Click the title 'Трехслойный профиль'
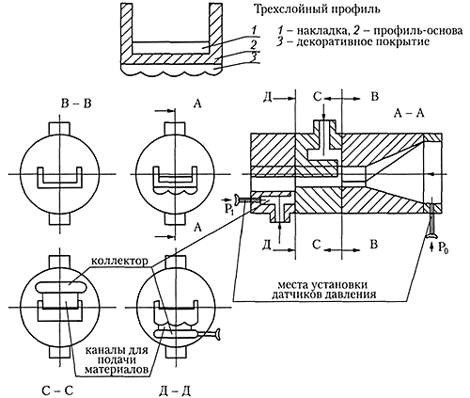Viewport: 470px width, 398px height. pos(317,9)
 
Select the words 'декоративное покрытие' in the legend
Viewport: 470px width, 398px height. pos(362,42)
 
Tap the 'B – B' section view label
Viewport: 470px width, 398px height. pos(76,103)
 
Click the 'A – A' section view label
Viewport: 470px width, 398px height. pos(409,114)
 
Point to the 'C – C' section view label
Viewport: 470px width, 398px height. pos(57,390)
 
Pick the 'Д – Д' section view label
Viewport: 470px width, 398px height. pos(175,390)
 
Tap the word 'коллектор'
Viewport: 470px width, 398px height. pos(119,262)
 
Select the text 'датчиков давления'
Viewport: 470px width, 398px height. pos(323,295)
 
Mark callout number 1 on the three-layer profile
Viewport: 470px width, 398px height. pos(256,30)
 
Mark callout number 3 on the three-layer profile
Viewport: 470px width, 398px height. pos(256,57)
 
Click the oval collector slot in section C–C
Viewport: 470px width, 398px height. pos(60,287)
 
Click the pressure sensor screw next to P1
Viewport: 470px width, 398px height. pos(246,199)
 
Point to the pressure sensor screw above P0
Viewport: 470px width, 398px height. pos(432,219)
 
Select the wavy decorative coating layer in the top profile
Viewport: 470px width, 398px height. pos(172,71)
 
